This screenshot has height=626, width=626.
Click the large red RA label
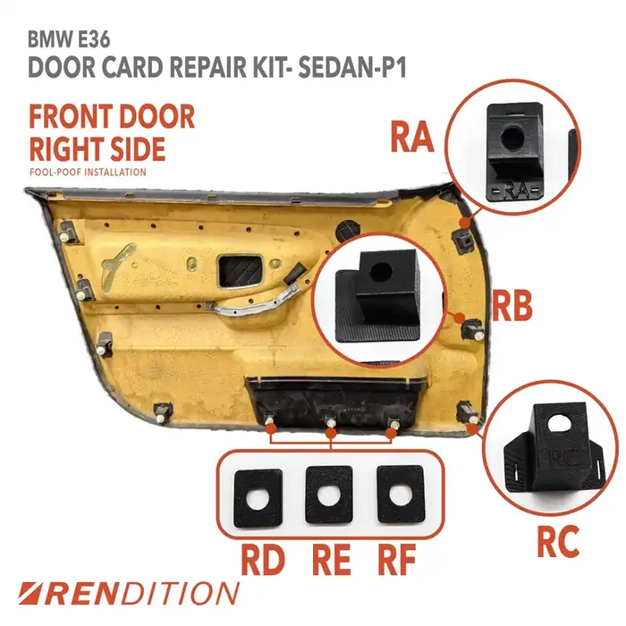click(x=412, y=137)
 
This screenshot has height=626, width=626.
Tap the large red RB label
click(x=512, y=306)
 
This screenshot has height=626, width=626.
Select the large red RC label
click(x=558, y=541)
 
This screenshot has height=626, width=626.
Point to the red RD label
click(x=263, y=559)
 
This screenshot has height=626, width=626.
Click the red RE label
click(x=332, y=559)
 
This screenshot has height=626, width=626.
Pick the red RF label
click(x=396, y=559)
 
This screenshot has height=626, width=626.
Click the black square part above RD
click(x=258, y=498)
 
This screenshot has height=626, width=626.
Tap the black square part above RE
click(x=329, y=495)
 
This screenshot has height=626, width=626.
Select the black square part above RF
click(x=401, y=495)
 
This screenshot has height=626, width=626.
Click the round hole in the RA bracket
click(x=512, y=138)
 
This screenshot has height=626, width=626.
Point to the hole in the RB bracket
click(x=379, y=272)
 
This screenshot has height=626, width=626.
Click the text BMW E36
click(x=69, y=40)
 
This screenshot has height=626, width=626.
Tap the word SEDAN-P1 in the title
click(x=352, y=67)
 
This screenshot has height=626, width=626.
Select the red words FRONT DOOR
click(x=112, y=116)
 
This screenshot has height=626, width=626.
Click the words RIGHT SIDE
click(x=97, y=148)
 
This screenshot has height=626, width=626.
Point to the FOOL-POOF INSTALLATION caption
click(x=88, y=173)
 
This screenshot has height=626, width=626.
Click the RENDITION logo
click(x=129, y=593)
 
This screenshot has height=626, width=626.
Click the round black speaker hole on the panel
click(x=349, y=231)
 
